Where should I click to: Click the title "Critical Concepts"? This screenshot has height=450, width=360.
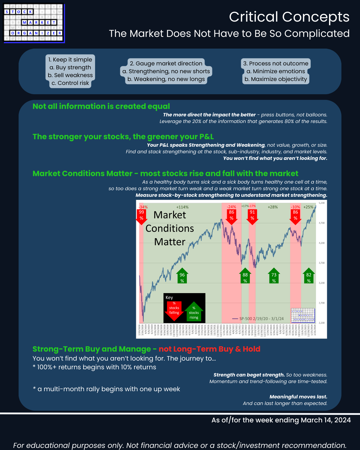click(x=289, y=17)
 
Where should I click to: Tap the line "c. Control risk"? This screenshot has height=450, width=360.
click(x=70, y=83)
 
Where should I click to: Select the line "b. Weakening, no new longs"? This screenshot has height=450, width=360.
click(x=166, y=79)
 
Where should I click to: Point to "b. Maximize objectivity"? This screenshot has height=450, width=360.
click(x=276, y=79)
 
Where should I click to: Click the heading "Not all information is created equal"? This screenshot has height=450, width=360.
click(x=101, y=106)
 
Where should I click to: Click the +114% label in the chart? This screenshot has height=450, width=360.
click(x=182, y=207)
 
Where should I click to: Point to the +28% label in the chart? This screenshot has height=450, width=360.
click(x=273, y=207)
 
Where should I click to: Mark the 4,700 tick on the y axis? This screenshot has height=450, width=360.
click(x=322, y=223)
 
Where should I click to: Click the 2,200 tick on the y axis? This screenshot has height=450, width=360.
click(x=322, y=323)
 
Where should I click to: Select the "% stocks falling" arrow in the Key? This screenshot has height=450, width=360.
click(x=174, y=310)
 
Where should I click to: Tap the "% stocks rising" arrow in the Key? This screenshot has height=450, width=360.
click(x=194, y=312)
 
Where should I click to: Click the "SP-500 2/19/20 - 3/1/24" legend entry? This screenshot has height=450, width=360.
click(x=258, y=319)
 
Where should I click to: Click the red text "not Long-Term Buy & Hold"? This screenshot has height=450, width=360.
click(x=209, y=349)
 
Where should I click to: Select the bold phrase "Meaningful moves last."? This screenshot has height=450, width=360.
click(x=298, y=397)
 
